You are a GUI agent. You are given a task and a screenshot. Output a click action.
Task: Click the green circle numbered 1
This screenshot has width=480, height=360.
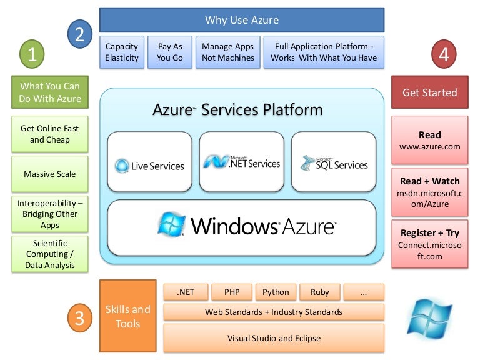32,54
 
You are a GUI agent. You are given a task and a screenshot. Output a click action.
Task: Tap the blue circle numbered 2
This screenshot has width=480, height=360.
79,33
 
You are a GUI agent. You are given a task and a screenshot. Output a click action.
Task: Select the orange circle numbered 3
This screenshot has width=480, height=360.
79,318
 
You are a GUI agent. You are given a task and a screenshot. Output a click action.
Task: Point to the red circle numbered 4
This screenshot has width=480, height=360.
444,54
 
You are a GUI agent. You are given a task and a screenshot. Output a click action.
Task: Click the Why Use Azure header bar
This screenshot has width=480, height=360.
242,20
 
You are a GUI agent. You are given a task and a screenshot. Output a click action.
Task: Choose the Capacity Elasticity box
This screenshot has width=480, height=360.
122,52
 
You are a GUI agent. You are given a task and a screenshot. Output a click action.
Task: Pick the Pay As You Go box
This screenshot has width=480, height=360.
170,52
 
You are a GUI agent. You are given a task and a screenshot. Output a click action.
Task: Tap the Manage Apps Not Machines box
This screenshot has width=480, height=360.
227,52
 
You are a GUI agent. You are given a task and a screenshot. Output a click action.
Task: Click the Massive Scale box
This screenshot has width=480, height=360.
49,174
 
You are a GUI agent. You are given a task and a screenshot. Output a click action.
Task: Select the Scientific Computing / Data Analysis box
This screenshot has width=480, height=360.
49,254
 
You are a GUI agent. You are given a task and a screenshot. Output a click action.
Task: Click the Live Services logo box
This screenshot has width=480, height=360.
149,161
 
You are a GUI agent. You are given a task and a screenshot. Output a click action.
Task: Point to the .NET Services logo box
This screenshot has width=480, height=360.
241,161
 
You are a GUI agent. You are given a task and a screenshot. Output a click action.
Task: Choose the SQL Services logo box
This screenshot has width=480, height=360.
333,161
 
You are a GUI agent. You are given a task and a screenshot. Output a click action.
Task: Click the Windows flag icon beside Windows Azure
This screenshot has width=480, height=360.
171,225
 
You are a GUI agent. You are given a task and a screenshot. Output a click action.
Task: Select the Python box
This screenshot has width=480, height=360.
276,292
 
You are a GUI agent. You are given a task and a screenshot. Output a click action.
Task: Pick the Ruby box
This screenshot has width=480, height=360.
319,292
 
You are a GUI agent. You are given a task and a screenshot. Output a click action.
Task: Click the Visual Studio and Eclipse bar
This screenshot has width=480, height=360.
274,338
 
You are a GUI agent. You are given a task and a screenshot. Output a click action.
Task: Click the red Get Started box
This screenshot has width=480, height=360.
430,92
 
